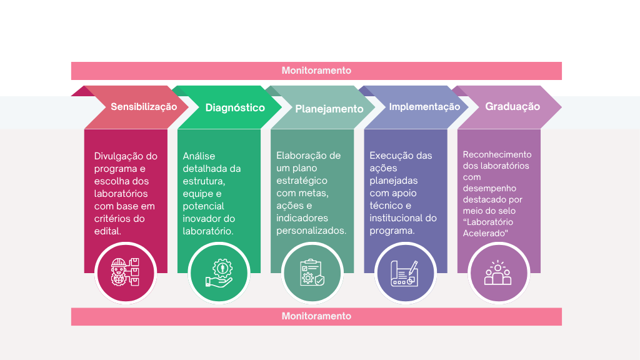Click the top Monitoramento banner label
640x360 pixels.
pos(316,71)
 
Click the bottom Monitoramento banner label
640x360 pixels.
pos(316,316)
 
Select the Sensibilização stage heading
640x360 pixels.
pos(144,107)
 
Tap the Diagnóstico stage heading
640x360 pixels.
pos(235,107)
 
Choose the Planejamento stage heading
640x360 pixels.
pos(329,109)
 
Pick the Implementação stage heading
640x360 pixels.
pos(424,107)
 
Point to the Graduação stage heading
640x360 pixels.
pos(512,107)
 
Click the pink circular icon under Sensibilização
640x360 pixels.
pos(125,272)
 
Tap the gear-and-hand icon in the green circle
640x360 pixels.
pos(219,272)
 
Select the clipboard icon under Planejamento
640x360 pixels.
pos(312,272)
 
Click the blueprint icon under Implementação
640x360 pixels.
pos(405,272)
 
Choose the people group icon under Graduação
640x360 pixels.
pos(498,272)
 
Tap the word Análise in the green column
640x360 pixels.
pos(199,156)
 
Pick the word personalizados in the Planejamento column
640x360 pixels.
pos(311,231)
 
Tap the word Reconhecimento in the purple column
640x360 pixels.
pos(497,154)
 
